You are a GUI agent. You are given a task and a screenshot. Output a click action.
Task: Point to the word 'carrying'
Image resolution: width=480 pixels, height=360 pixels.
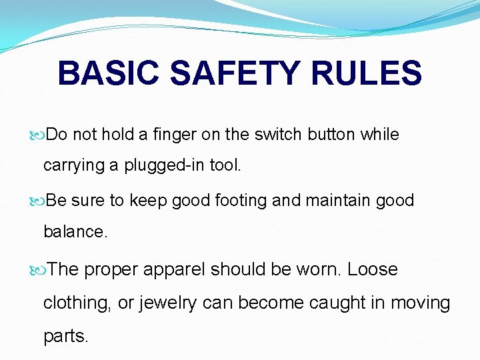point(71,165)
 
